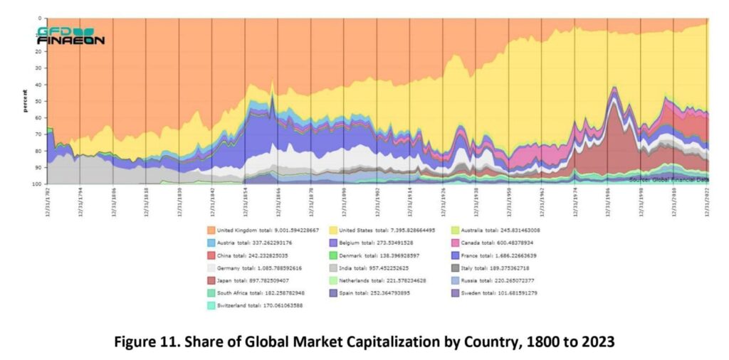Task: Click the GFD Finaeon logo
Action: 70,36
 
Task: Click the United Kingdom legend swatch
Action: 211,230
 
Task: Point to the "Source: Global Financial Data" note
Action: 668,180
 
